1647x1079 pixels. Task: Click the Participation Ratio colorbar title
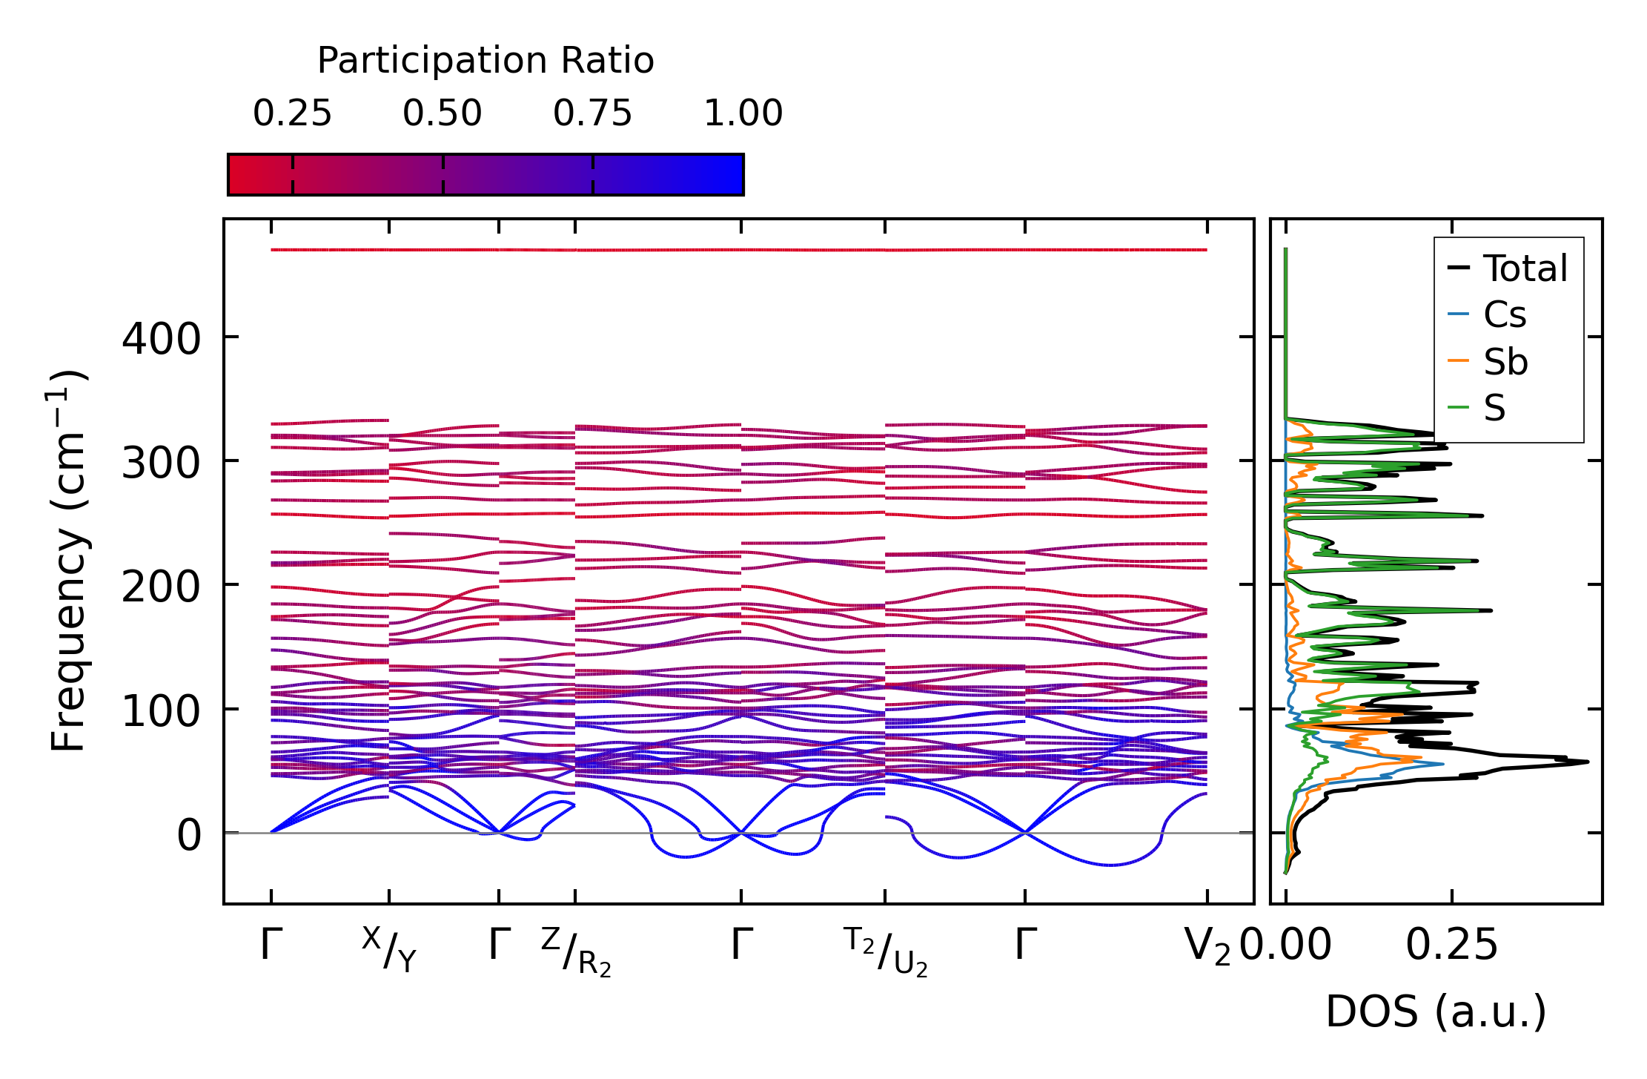click(486, 61)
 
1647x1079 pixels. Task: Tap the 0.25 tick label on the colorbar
click(292, 113)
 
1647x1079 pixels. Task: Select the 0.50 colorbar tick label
click(443, 113)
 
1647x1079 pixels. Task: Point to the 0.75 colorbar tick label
click(592, 113)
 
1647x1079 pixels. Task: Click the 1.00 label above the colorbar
click(743, 113)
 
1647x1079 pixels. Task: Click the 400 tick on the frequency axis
click(161, 340)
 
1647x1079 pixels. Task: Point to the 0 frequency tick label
click(189, 836)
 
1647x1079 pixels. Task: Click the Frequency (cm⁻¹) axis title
click(69, 561)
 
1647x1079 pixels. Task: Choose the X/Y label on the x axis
click(390, 949)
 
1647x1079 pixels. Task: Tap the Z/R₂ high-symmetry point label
click(576, 952)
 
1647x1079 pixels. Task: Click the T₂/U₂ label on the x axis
click(885, 952)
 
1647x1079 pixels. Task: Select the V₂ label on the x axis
click(1207, 946)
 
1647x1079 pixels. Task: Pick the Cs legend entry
click(1504, 315)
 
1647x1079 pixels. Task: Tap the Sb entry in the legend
click(1505, 363)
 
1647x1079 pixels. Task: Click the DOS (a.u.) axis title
click(1436, 1012)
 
